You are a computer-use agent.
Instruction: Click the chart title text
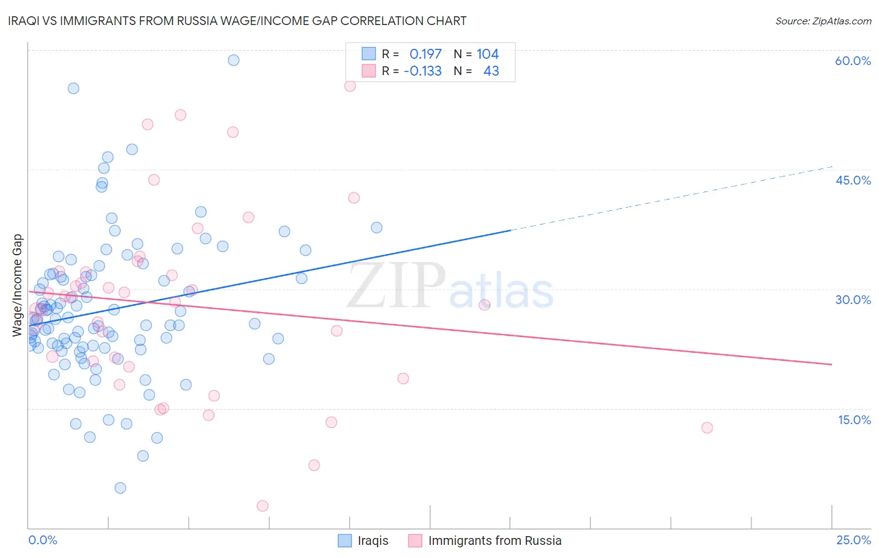click(x=237, y=21)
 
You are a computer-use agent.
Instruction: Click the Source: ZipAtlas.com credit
click(x=823, y=21)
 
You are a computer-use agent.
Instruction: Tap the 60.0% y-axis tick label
click(x=853, y=61)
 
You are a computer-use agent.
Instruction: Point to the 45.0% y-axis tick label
click(x=853, y=180)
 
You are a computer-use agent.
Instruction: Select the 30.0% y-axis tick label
click(x=853, y=300)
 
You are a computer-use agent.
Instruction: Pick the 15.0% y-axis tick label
click(x=854, y=420)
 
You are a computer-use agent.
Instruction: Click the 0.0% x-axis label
click(x=43, y=540)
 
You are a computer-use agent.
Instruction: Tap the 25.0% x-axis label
click(x=853, y=540)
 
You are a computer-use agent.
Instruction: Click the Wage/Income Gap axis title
click(x=18, y=285)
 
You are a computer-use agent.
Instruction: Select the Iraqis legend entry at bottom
click(x=363, y=540)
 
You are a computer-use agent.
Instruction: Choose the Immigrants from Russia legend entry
click(x=485, y=540)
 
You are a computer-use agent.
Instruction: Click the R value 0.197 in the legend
click(x=425, y=54)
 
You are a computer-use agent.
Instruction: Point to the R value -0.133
click(x=423, y=71)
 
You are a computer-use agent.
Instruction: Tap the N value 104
click(x=488, y=54)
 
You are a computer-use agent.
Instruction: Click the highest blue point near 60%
click(x=233, y=60)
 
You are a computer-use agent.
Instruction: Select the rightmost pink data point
click(x=707, y=428)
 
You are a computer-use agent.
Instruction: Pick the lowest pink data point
click(x=263, y=505)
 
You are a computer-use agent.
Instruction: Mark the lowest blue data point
click(x=120, y=488)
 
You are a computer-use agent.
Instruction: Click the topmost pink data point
click(x=350, y=86)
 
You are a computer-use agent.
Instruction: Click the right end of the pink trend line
click(x=831, y=364)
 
